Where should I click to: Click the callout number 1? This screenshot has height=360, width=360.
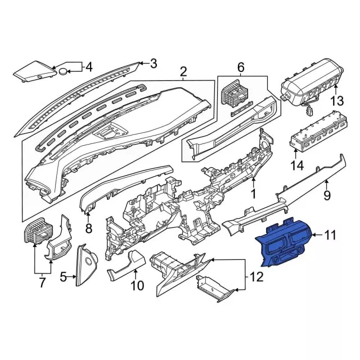point(254,194)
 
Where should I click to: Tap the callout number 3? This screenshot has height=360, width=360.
point(154,64)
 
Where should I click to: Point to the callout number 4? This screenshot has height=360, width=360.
point(89,67)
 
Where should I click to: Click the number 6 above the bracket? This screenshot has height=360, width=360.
point(241,67)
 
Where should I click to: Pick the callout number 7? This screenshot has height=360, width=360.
point(42,282)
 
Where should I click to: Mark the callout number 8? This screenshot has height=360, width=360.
point(89,228)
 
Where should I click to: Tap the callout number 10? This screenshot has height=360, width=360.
point(137,285)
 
